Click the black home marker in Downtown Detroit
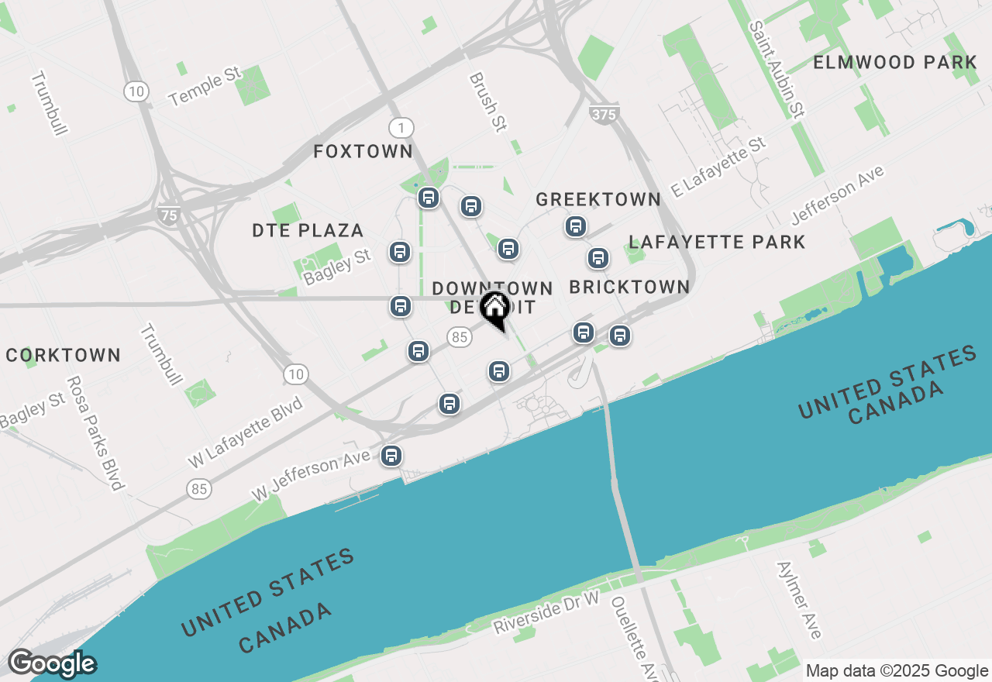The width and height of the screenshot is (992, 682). point(494,308)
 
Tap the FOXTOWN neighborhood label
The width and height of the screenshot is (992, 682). point(363,151)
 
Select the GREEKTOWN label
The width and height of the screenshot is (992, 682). point(598,199)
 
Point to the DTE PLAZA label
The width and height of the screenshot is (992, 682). point(308,230)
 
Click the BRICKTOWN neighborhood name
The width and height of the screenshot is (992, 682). point(629,287)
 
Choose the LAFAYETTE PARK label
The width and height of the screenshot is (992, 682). point(717,243)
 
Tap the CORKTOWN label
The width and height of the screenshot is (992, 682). point(64,356)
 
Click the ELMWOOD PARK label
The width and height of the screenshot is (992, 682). point(895,63)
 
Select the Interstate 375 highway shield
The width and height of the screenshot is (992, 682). point(604,115)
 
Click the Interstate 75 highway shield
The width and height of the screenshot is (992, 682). point(169,215)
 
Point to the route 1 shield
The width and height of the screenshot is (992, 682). point(401,128)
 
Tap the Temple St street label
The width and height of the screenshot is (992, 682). point(205,86)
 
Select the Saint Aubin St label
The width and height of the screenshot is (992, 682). point(776,69)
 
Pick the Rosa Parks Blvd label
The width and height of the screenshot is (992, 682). point(95,433)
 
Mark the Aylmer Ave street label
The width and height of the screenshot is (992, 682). point(798,601)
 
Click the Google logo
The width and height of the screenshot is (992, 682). point(52,663)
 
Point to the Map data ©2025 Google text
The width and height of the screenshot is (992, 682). point(897,671)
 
